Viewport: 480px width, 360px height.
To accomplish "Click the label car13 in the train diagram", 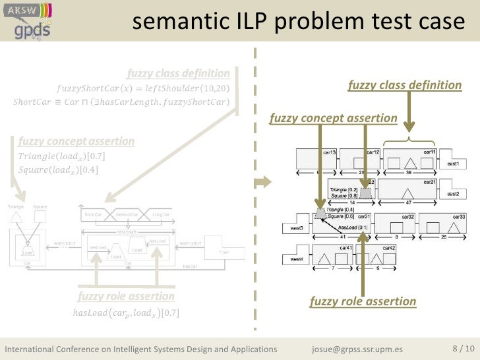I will (x=330, y=152).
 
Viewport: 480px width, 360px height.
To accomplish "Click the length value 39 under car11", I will (x=409, y=173).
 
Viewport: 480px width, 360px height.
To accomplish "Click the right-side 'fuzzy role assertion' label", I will (x=363, y=301).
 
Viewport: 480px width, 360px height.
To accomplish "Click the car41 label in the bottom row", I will (x=344, y=249).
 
